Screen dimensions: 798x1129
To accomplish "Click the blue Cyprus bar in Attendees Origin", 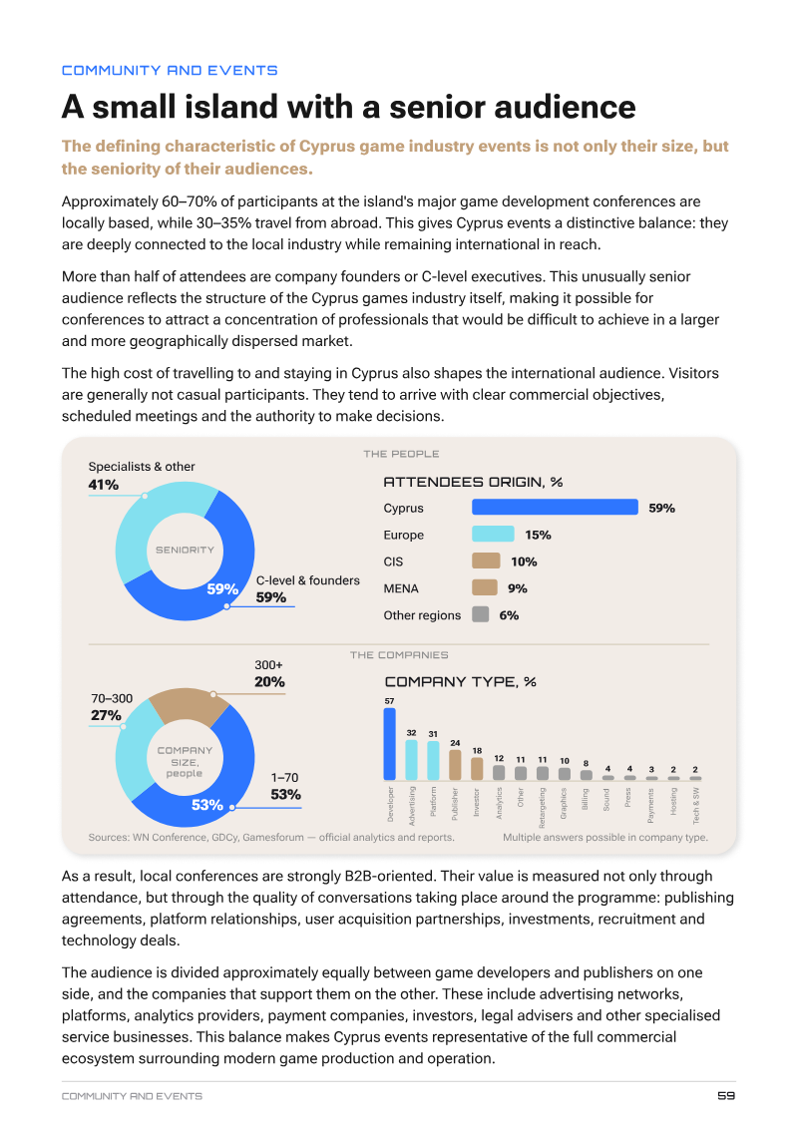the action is (555, 507).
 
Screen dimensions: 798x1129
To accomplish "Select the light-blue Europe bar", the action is (493, 535).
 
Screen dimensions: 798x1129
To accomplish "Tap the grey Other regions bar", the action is (481, 614).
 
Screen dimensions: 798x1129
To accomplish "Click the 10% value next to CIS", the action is (524, 562).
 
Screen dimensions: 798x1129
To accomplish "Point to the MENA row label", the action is (400, 588).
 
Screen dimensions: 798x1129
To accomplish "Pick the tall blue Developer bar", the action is (389, 744).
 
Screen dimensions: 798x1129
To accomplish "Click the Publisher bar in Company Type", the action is (455, 765).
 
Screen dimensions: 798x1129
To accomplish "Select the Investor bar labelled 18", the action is (477, 769).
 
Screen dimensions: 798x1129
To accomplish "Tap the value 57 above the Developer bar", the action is (389, 700).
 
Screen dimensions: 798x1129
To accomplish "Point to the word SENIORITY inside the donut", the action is (186, 550).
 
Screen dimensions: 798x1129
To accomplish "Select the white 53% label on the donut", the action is (206, 804).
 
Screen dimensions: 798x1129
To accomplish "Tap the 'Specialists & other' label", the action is (142, 466).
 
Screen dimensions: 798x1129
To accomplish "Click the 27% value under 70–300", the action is (106, 715).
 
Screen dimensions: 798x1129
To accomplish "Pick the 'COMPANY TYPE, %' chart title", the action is (460, 681).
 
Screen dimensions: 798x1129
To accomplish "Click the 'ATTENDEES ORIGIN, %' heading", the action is (473, 482).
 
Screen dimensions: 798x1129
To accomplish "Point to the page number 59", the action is (726, 1095).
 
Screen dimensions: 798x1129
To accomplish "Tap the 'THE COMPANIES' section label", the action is (399, 654).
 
